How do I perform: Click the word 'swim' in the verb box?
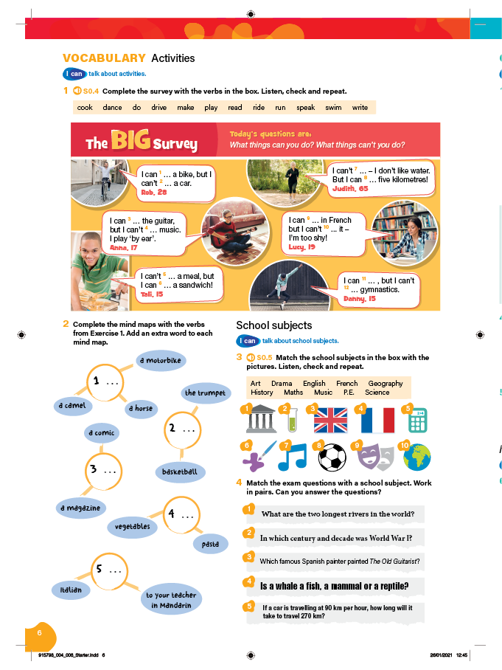pyautogui.click(x=333, y=108)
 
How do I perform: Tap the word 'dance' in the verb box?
pyautogui.click(x=112, y=108)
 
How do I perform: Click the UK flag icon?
pyautogui.click(x=330, y=421)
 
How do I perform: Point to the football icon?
pyautogui.click(x=332, y=457)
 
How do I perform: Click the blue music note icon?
pyautogui.click(x=293, y=457)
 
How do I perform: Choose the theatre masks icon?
pyautogui.click(x=376, y=457)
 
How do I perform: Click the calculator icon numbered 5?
pyautogui.click(x=417, y=421)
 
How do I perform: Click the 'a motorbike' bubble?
pyautogui.click(x=161, y=361)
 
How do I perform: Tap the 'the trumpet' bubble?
pyautogui.click(x=205, y=393)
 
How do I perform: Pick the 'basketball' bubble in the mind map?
pyautogui.click(x=180, y=472)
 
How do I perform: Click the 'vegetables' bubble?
pyautogui.click(x=133, y=527)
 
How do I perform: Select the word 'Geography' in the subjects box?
pyautogui.click(x=386, y=384)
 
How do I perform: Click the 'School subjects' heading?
pyautogui.click(x=273, y=325)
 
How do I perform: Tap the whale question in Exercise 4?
pyautogui.click(x=334, y=587)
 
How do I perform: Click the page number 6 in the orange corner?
pyautogui.click(x=41, y=632)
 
